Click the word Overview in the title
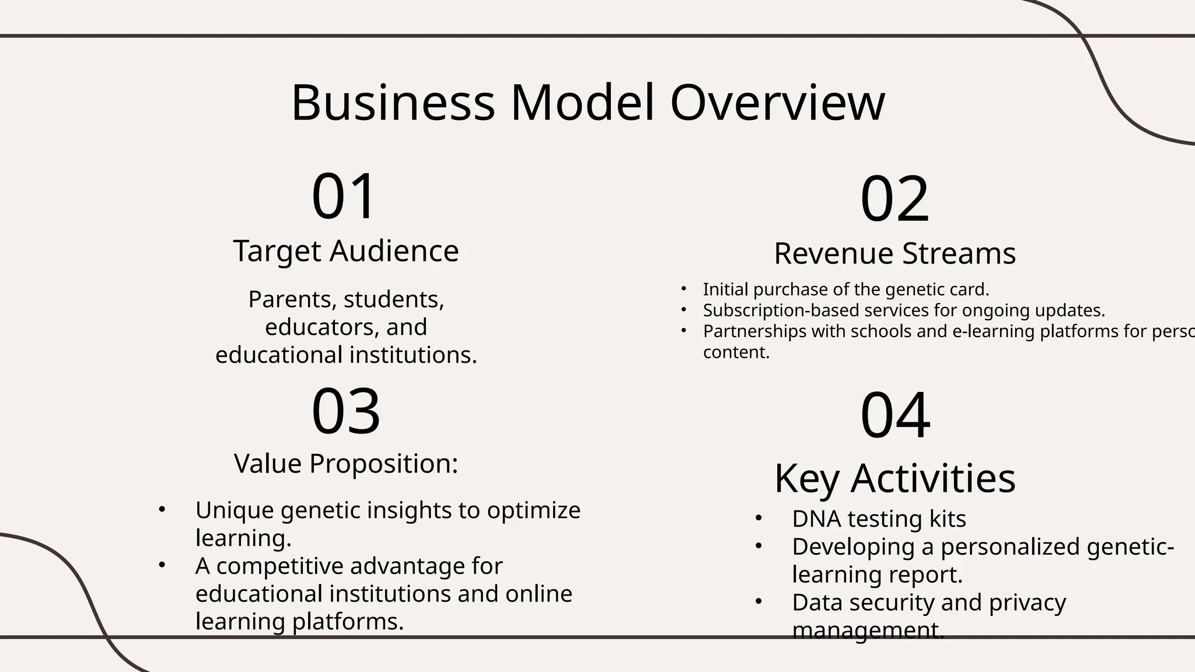777,103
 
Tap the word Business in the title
393,103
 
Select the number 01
344,196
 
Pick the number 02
894,199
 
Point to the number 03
346,411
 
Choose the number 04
895,415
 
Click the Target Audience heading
346,251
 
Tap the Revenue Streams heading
894,254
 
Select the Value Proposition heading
346,464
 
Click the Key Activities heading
894,478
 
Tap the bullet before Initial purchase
684,289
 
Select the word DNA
816,519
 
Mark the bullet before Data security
759,601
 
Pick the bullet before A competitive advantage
162,565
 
